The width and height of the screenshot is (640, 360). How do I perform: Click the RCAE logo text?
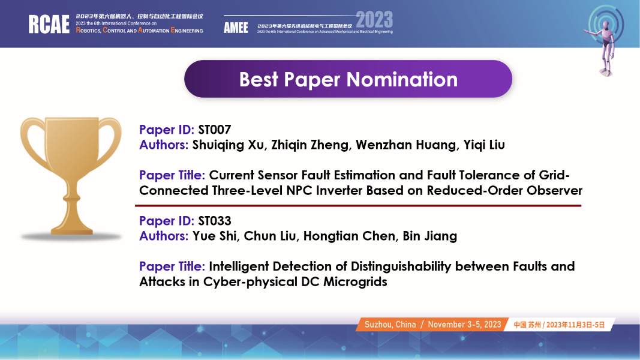pyautogui.click(x=49, y=24)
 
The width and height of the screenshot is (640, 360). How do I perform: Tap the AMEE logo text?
pyautogui.click(x=236, y=28)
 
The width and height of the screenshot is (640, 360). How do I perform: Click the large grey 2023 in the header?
pyautogui.click(x=374, y=20)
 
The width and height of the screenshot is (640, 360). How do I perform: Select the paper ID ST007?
pyautogui.click(x=215, y=130)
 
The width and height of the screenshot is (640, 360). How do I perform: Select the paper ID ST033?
pyautogui.click(x=215, y=221)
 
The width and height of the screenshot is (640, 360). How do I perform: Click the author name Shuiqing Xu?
pyautogui.click(x=228, y=145)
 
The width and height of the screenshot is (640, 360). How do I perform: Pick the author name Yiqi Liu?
pyautogui.click(x=484, y=145)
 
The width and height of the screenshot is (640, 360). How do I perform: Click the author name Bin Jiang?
pyautogui.click(x=430, y=236)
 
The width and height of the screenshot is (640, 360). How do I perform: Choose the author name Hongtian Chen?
pyautogui.click(x=349, y=236)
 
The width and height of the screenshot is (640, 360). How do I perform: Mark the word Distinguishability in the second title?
pyautogui.click(x=401, y=267)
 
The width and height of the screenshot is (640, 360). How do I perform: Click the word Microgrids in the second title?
pyautogui.click(x=355, y=282)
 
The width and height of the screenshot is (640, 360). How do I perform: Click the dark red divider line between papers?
pyautogui.click(x=358, y=206)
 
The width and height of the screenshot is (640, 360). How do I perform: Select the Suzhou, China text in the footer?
pyautogui.click(x=390, y=325)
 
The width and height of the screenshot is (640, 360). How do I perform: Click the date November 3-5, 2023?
pyautogui.click(x=464, y=325)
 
